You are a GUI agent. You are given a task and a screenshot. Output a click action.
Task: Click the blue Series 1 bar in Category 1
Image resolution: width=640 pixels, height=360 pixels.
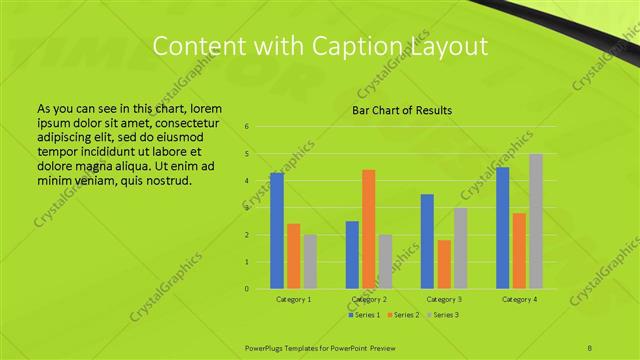(x=277, y=231)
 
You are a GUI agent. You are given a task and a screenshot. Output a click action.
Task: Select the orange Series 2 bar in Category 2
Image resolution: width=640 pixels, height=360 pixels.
(x=368, y=229)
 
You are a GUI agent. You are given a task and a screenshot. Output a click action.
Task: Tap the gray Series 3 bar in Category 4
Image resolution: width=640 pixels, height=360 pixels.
(x=536, y=221)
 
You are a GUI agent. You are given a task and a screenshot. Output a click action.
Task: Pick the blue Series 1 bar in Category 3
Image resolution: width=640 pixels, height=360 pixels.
(x=427, y=241)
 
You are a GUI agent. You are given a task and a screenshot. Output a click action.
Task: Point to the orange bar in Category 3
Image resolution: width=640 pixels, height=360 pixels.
(x=444, y=264)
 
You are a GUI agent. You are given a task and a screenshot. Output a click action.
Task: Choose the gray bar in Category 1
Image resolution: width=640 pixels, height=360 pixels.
(x=310, y=262)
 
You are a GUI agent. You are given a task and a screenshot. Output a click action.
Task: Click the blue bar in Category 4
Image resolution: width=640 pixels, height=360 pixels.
(x=502, y=228)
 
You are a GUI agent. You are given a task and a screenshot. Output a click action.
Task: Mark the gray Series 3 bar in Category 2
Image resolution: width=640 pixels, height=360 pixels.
(x=385, y=262)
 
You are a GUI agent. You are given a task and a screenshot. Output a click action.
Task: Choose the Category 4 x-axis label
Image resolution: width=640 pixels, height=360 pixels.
(x=519, y=299)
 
